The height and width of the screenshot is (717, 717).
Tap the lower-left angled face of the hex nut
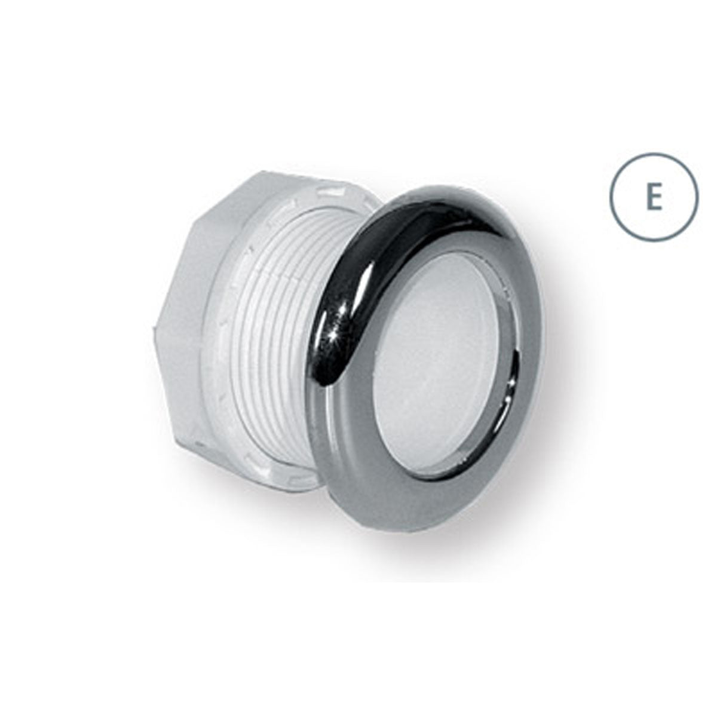pyautogui.click(x=173, y=394)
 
